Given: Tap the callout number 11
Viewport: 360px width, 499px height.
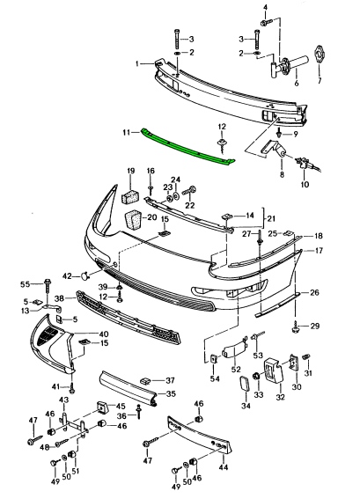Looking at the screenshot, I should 126,132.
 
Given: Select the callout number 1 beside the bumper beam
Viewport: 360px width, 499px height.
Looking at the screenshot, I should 137,63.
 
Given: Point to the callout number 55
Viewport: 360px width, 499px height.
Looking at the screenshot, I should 25,283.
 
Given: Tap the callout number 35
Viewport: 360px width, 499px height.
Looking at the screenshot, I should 172,393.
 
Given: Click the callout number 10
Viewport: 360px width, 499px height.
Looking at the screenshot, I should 305,186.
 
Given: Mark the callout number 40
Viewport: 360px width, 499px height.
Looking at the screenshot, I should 104,334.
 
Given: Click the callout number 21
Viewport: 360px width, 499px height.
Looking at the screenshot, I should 271,217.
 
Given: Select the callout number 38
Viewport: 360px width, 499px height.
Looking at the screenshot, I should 60,299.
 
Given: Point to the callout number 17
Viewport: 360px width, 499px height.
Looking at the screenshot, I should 320,251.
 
